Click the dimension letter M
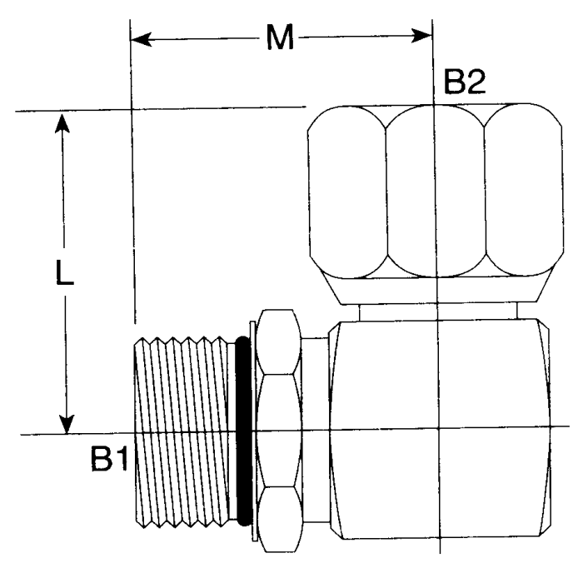point(280,38)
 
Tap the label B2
point(465,83)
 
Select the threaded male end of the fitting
point(179,433)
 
